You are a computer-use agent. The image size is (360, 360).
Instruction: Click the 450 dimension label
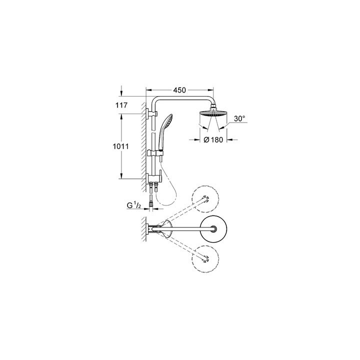pos(180,90)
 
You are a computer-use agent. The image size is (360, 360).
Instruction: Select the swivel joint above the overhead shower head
pos(213,106)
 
